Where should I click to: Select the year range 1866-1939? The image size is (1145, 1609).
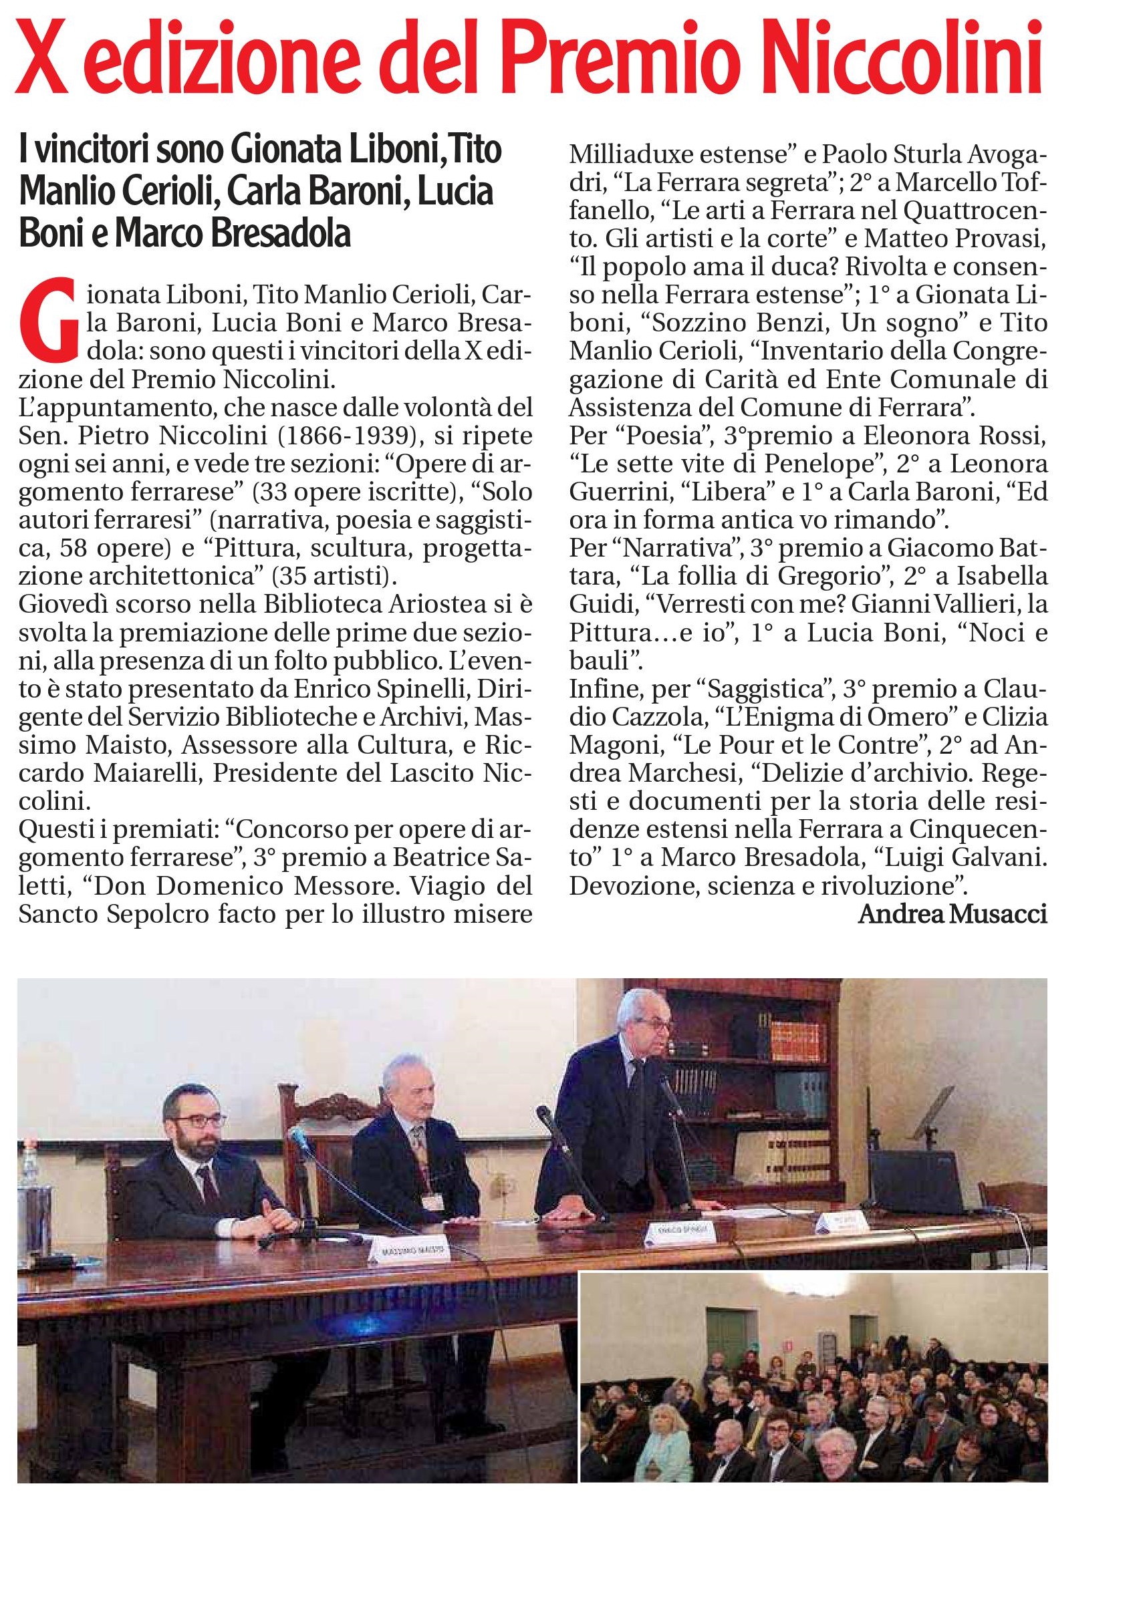(336, 436)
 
